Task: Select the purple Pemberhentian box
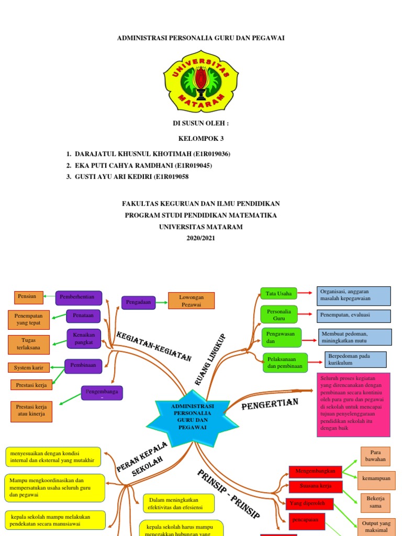click(x=79, y=297)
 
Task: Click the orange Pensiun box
click(x=27, y=297)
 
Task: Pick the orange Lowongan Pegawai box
click(x=191, y=301)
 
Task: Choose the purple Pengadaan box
click(x=138, y=302)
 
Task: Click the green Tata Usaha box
click(x=278, y=294)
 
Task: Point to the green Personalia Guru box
click(x=278, y=315)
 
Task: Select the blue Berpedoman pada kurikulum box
click(x=355, y=360)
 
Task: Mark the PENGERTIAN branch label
click(x=270, y=405)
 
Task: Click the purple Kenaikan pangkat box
click(x=83, y=338)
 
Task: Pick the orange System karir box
click(x=29, y=367)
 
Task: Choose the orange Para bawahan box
click(x=375, y=456)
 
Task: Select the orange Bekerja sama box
click(x=375, y=502)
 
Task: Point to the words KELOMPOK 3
click(x=201, y=139)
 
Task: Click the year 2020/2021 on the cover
click(x=201, y=238)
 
